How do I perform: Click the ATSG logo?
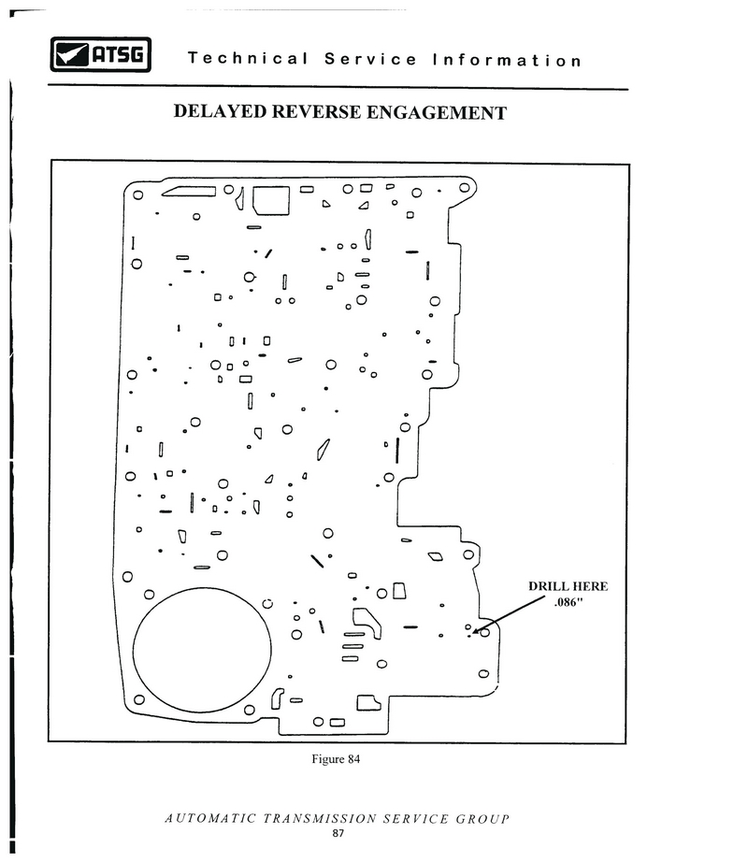click(x=101, y=54)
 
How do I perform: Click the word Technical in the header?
click(x=248, y=58)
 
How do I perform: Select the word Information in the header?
click(x=507, y=60)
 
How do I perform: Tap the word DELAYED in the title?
click(x=220, y=111)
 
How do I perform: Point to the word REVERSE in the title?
click(x=316, y=111)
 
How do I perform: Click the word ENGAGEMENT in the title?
click(x=437, y=113)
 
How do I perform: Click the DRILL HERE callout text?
click(x=568, y=586)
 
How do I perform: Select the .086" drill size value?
click(x=568, y=602)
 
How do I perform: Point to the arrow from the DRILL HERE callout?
click(x=509, y=615)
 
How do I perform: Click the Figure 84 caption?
click(x=336, y=759)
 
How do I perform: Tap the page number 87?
click(x=338, y=833)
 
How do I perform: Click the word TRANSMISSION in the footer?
click(x=320, y=818)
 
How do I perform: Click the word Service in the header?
click(x=370, y=58)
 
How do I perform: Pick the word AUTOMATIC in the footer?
click(x=210, y=818)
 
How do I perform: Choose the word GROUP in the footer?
click(x=482, y=819)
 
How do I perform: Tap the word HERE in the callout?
click(x=589, y=586)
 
